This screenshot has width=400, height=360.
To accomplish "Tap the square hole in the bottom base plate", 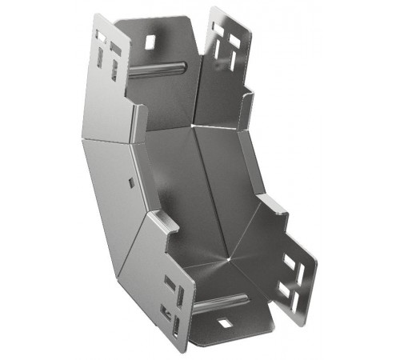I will pyautogui.click(x=225, y=322).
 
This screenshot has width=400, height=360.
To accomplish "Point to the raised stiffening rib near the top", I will pyautogui.click(x=159, y=70).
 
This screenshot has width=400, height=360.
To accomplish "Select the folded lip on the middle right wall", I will pyautogui.click(x=272, y=206).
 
